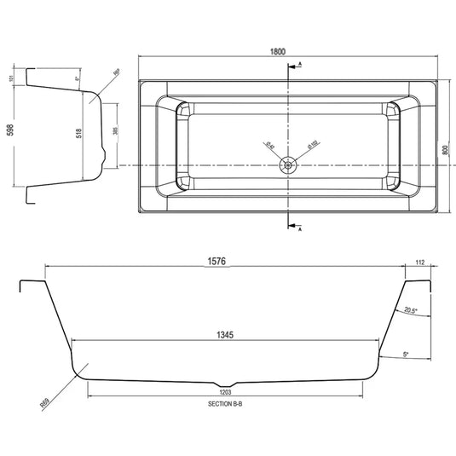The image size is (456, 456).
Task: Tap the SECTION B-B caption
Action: coord(227,405)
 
